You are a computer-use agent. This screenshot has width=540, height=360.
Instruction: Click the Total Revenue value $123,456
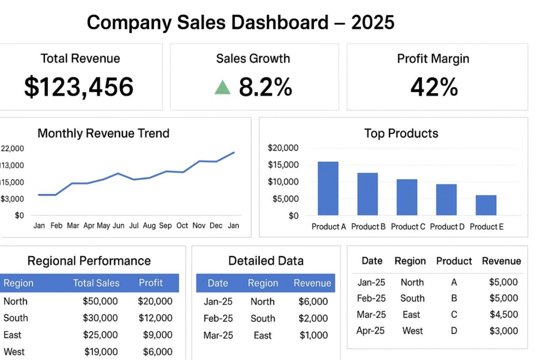pos(79,87)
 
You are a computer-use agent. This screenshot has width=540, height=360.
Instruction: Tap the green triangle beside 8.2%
pos(223,87)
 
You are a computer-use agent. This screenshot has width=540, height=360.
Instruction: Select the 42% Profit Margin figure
pos(433,87)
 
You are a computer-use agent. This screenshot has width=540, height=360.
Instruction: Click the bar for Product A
pos(327,189)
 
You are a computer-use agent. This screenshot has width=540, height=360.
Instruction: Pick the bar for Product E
pos(486,205)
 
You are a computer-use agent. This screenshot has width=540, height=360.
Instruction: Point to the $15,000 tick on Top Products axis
pos(283,165)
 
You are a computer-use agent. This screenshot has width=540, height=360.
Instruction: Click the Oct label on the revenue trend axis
pos(182,226)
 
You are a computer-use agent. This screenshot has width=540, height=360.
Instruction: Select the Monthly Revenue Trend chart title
pos(103,133)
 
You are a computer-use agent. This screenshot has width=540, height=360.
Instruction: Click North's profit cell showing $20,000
pos(155,301)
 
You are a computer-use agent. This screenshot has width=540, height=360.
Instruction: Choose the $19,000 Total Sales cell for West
pos(101,352)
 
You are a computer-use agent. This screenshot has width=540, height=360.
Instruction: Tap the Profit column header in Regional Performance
pos(151,283)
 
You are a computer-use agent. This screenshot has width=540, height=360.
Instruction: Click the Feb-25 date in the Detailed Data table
pos(218,318)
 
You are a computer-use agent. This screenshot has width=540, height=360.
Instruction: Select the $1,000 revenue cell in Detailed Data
pos(314,335)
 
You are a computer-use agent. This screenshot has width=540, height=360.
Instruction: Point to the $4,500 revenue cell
pos(504,315)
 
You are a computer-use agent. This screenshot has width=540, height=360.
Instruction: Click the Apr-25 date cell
pos(371,331)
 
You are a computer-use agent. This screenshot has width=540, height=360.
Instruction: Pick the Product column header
pos(454,261)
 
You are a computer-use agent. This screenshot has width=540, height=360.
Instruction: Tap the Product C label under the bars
pos(407,227)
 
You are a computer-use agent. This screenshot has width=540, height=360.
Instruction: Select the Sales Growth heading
pos(253,59)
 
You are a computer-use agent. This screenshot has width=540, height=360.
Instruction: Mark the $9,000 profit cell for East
pos(157,335)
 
